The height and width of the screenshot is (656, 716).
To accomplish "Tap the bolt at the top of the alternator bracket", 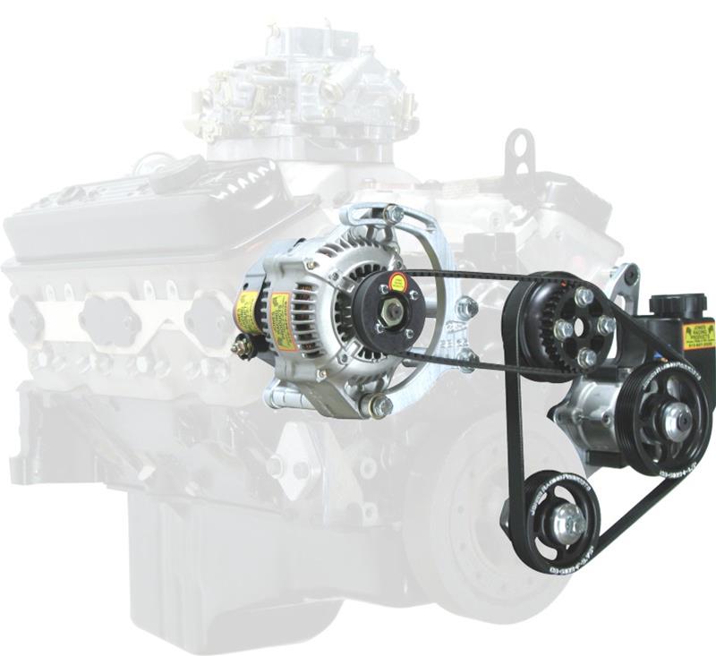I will [x=391, y=214].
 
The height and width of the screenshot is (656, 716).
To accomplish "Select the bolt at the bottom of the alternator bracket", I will [x=379, y=407].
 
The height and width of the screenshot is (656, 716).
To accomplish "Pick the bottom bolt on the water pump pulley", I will [x=586, y=357].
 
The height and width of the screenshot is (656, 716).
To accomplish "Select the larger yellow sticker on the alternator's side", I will [x=283, y=320].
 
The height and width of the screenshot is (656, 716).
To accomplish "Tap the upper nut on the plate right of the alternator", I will [x=465, y=308].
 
